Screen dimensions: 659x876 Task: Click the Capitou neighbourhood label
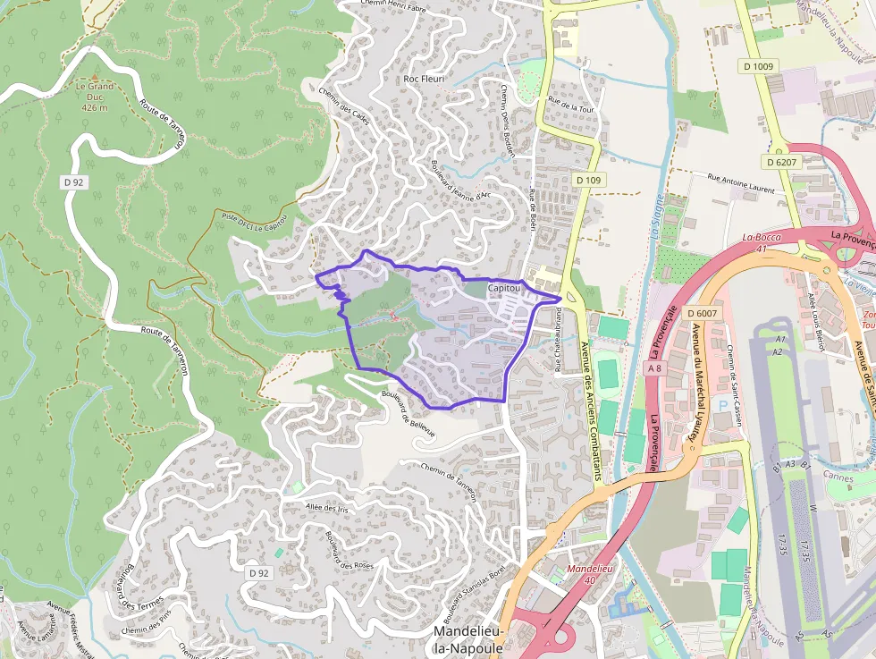click(x=505, y=289)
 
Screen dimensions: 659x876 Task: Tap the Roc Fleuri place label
click(x=424, y=79)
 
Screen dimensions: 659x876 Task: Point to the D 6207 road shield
click(x=781, y=162)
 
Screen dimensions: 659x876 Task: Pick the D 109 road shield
click(x=589, y=180)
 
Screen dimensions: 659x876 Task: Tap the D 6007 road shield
click(x=703, y=313)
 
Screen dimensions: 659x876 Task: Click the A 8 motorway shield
click(x=656, y=368)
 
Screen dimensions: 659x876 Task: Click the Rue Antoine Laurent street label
click(x=741, y=183)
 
